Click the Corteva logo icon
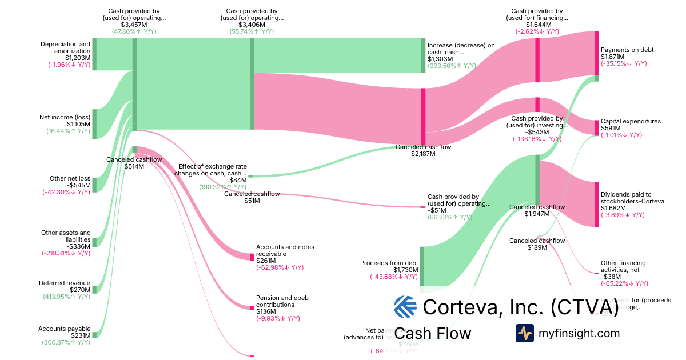(x=405, y=307)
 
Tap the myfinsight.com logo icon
(x=524, y=333)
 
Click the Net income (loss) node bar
(x=95, y=123)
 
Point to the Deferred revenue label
(x=65, y=283)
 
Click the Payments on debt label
(x=627, y=50)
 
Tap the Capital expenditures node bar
(x=596, y=127)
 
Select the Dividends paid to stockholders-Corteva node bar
(x=596, y=205)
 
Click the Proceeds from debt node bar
(x=422, y=266)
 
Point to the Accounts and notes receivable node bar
(x=252, y=257)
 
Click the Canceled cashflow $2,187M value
(x=423, y=154)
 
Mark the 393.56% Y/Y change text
(x=452, y=66)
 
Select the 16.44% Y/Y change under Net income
(x=68, y=131)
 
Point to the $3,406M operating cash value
(x=252, y=25)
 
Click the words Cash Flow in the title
(x=433, y=333)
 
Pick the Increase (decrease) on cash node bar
(x=424, y=55)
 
